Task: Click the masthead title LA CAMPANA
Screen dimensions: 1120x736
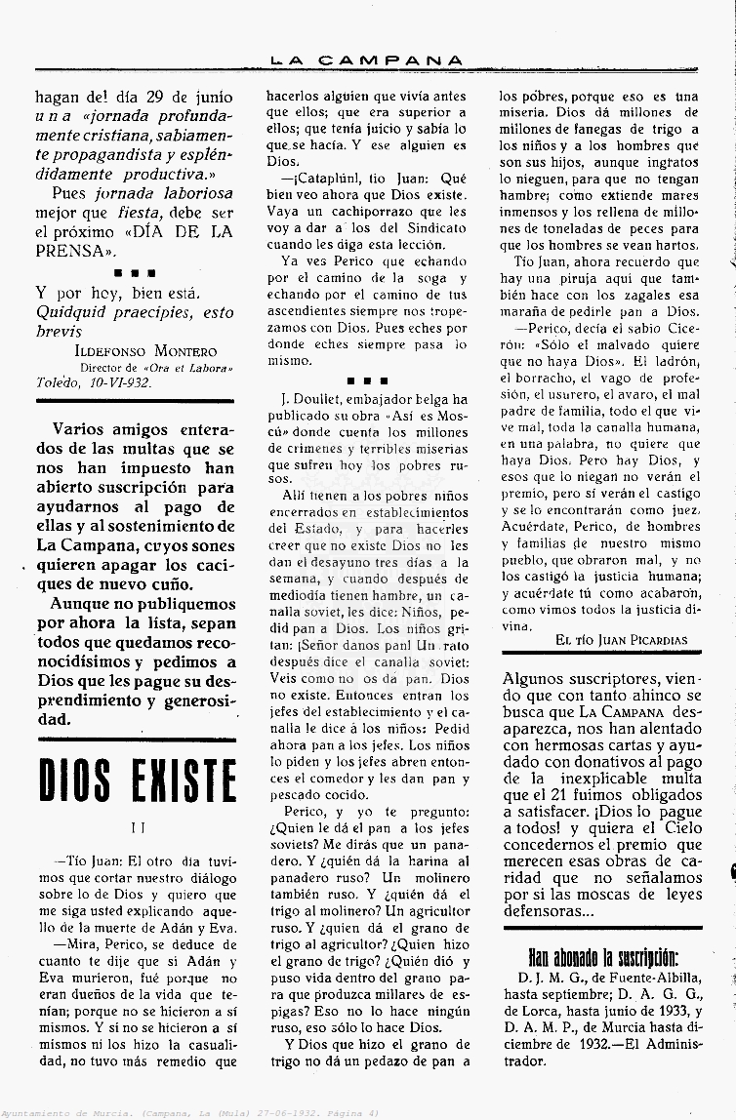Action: [x=366, y=60]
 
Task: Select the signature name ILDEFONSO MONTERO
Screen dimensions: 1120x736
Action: [x=145, y=351]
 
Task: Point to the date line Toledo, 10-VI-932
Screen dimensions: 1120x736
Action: [x=94, y=382]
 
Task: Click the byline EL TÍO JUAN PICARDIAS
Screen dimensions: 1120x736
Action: [x=621, y=640]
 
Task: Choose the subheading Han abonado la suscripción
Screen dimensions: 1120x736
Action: [x=602, y=956]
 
